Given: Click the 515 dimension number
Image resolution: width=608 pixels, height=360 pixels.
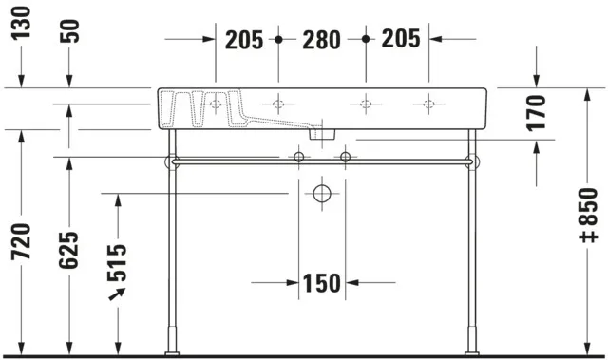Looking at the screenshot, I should [117, 262].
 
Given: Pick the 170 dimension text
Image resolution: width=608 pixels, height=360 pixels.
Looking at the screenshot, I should [539, 112].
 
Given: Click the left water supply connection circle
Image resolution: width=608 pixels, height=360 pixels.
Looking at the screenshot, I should [299, 156].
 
